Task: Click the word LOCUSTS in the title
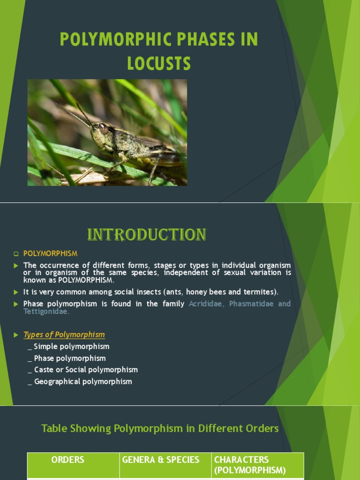point(159,63)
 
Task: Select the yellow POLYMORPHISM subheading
point(51,254)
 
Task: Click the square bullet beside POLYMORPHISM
point(16,254)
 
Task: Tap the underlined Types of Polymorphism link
point(64,335)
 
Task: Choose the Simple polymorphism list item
point(71,346)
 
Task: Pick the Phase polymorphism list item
point(70,358)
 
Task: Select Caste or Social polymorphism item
point(86,370)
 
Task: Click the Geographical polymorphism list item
point(83,382)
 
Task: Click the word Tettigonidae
point(46,311)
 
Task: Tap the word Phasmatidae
point(251,304)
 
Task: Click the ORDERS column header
point(68,460)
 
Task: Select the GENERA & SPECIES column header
point(161,460)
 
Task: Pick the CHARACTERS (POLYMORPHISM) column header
point(250,465)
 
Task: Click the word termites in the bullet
point(260,292)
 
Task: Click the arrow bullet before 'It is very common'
point(16,292)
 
